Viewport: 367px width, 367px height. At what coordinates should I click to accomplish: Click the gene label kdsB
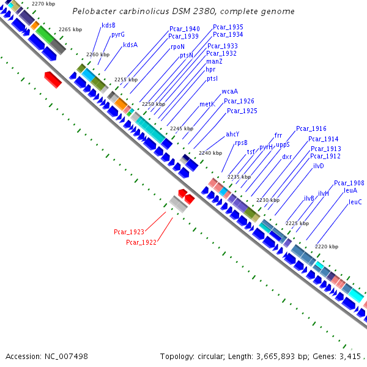108,25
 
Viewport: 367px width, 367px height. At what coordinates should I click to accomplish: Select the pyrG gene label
118,35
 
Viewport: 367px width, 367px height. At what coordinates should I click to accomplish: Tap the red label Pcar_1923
129,232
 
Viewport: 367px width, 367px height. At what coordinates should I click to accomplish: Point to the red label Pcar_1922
141,242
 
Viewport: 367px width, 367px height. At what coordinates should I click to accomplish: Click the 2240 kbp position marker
209,153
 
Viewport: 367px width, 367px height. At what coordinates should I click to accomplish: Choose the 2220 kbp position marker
326,247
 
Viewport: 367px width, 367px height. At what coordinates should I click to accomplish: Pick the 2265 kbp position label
70,29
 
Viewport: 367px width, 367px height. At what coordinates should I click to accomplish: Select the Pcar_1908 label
349,183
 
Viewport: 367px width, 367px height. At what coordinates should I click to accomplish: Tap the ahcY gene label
232,134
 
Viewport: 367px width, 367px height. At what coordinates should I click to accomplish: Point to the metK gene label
207,104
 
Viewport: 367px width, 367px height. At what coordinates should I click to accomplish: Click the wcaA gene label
230,91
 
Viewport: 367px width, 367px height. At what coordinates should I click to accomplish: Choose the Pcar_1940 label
185,29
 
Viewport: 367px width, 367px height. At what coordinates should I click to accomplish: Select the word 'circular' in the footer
211,356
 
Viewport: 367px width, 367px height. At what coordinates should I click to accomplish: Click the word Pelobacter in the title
94,12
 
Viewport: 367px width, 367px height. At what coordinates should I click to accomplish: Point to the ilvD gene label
319,166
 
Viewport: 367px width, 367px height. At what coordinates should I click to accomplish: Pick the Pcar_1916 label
311,128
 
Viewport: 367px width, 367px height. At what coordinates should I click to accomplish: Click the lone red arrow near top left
53,78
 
